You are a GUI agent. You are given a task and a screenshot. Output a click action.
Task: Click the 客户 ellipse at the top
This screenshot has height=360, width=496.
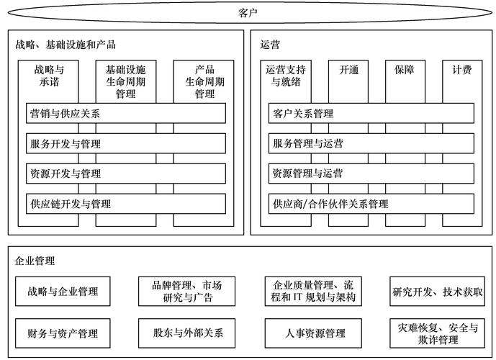click(x=248, y=12)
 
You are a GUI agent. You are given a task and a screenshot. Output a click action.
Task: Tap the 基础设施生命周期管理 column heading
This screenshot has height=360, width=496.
click(x=125, y=81)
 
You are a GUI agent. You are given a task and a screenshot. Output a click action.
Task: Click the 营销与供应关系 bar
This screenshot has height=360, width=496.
click(x=125, y=114)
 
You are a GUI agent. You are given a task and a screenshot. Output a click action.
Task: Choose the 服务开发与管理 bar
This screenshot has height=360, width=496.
click(x=125, y=144)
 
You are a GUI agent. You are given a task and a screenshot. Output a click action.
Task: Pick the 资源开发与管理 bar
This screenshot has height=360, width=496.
click(x=125, y=174)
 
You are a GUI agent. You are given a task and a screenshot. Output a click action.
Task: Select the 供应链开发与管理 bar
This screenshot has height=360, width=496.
click(x=125, y=204)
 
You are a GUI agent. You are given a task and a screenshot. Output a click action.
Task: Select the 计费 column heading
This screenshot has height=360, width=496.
click(x=462, y=71)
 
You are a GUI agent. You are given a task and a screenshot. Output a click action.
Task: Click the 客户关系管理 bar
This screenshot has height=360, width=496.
click(x=371, y=114)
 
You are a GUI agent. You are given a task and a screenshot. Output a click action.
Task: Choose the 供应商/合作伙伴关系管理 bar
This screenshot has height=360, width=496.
click(x=371, y=204)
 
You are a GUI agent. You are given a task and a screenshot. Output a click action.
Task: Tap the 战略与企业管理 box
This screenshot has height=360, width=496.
click(x=63, y=292)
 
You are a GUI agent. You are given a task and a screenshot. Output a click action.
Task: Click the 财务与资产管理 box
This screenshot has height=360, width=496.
click(x=63, y=333)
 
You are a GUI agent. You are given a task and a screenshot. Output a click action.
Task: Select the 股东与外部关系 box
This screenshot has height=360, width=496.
click(x=188, y=333)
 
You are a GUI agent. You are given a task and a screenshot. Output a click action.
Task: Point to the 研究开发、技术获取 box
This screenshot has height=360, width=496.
click(x=438, y=292)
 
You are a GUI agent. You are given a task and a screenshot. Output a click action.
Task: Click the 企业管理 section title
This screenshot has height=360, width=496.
click(x=35, y=260)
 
